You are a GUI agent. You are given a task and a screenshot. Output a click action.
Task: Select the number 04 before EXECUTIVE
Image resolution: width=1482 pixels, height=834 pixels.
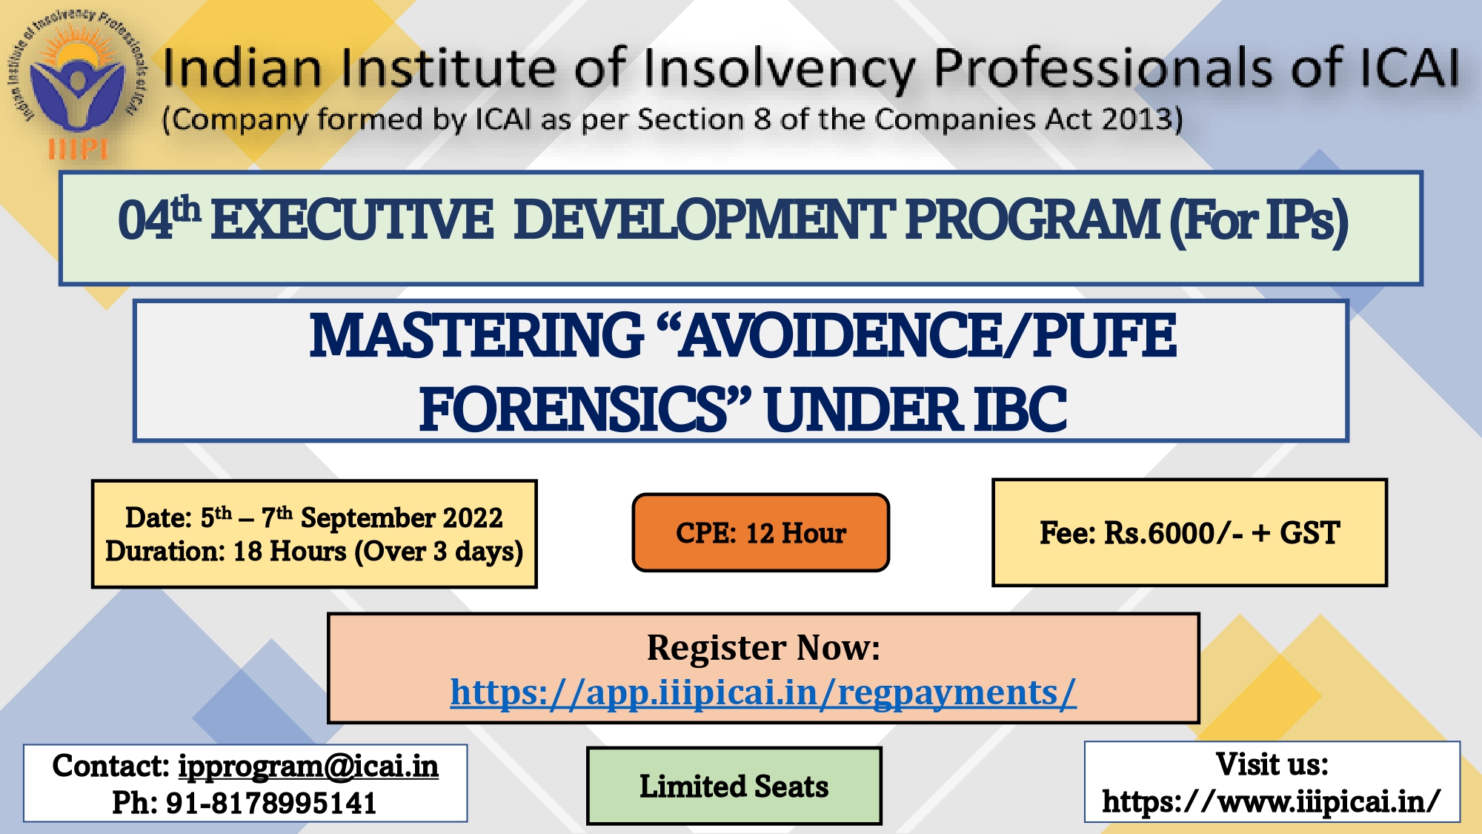[145, 220]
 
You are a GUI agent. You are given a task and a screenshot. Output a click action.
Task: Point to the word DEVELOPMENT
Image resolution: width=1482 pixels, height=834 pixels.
[704, 220]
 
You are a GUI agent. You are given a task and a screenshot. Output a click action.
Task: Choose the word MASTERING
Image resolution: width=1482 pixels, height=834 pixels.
[476, 335]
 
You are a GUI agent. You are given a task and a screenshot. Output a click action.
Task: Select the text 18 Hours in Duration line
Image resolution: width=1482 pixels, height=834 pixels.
[290, 552]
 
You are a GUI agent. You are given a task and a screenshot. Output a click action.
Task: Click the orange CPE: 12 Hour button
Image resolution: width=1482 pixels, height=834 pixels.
[761, 532]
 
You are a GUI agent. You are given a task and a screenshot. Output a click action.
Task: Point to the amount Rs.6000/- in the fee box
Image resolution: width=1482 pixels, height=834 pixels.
[1174, 533]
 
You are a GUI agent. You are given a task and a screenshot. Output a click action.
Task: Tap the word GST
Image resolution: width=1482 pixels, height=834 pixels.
[1310, 533]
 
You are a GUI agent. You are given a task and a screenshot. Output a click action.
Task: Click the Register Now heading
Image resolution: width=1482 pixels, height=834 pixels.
[763, 647]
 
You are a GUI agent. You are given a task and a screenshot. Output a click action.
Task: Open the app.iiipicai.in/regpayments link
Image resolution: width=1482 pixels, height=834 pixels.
[763, 692]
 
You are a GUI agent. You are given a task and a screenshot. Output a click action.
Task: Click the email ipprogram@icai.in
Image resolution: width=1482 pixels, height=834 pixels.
[308, 767]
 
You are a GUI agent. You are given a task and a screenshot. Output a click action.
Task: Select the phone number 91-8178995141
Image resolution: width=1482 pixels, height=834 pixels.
[271, 803]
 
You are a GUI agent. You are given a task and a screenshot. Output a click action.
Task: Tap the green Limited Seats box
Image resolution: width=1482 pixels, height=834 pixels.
[734, 786]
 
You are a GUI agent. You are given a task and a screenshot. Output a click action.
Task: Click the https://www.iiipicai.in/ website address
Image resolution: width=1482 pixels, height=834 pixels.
[1272, 801]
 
